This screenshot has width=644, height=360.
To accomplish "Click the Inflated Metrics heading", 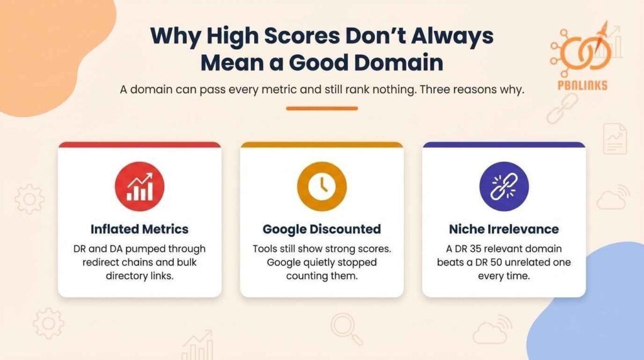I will coord(139,228).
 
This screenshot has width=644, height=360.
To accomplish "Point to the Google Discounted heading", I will coord(321,228).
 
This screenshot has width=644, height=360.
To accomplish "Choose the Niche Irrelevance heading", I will coord(504,228).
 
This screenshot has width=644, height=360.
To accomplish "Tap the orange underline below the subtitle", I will coord(321,108).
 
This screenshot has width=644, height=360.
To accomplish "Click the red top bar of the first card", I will coord(139,145).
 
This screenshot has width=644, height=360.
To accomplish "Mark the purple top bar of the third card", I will coord(504,145).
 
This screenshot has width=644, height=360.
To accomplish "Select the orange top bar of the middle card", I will coord(321,145).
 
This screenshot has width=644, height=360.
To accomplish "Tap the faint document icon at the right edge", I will coord(615,138).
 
